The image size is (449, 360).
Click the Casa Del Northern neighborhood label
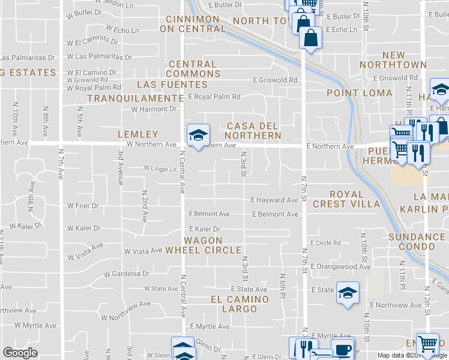tap(253, 130)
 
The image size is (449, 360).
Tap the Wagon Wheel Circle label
tap(203, 244)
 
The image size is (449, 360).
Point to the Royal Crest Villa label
tap(354, 199)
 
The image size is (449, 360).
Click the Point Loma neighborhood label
tap(360, 93)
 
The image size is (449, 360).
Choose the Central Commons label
tap(193, 69)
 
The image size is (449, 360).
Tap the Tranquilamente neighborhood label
tap(136, 98)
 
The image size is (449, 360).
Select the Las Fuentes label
tap(168, 85)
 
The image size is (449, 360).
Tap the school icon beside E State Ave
tap(347, 292)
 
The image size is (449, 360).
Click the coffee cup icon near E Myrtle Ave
tap(343, 349)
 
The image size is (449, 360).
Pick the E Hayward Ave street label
tap(274, 200)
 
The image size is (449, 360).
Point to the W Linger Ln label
tap(160, 169)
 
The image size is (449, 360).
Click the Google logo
tap(20, 353)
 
